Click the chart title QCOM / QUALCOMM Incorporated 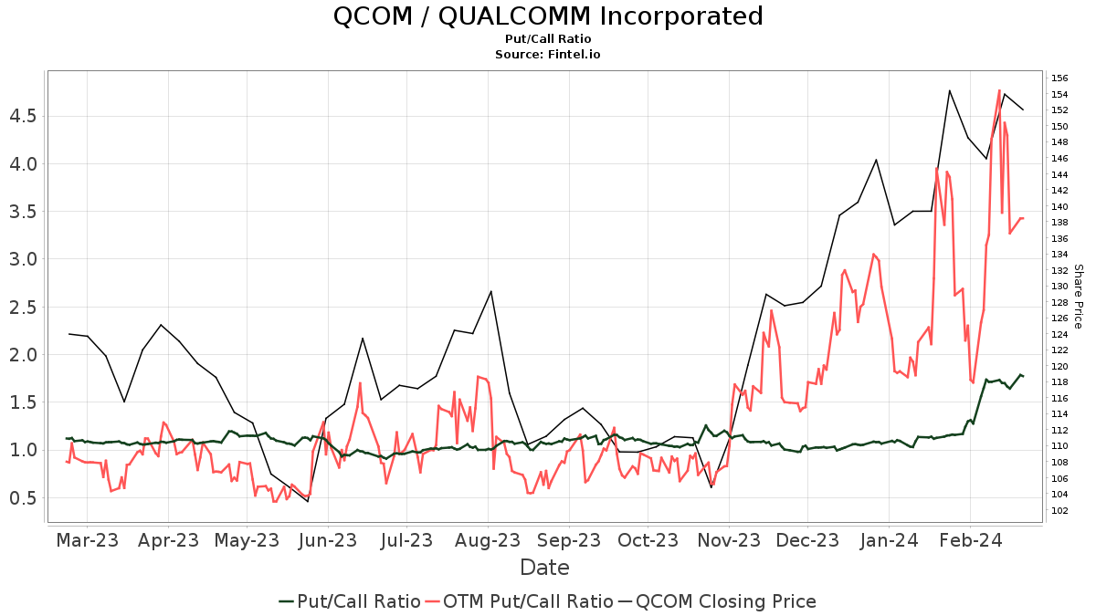tap(548, 16)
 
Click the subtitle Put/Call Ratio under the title tap(548, 38)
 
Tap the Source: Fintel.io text tap(548, 54)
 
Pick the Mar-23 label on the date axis tap(87, 539)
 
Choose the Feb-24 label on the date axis tap(971, 539)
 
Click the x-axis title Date tap(544, 568)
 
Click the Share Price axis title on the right tap(1078, 297)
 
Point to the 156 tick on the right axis tap(1059, 78)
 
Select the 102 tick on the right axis tap(1059, 510)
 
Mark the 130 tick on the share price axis tap(1059, 287)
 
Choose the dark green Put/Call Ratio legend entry tap(350, 601)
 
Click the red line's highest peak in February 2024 tap(999, 90)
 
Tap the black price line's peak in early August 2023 tap(491, 291)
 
